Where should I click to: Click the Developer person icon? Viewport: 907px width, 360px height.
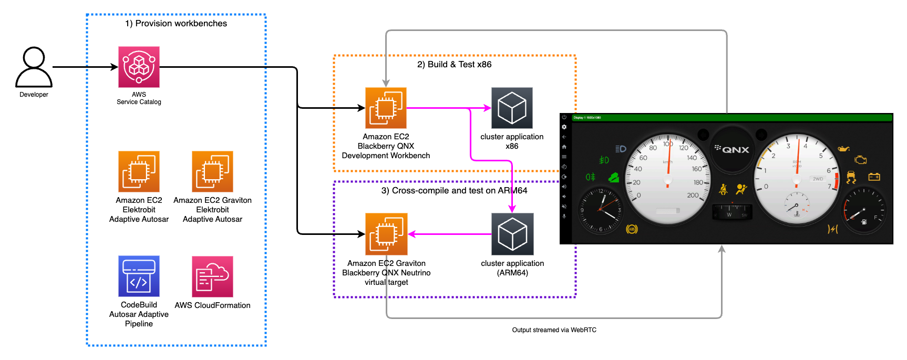click(34, 67)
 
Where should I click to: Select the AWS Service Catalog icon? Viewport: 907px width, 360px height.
click(139, 67)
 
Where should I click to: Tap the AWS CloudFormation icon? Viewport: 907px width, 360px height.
click(212, 276)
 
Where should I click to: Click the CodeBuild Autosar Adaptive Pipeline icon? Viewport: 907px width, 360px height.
click(139, 276)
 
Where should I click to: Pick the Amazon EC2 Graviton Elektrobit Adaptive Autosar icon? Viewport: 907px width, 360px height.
click(212, 171)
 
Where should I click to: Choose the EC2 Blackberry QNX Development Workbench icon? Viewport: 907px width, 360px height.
click(386, 108)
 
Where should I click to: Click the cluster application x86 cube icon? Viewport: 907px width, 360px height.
click(512, 108)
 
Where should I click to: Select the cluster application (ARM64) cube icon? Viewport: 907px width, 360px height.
click(512, 234)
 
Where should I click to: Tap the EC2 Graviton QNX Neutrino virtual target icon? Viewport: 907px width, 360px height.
click(386, 234)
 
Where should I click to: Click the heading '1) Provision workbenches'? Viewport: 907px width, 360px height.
click(176, 23)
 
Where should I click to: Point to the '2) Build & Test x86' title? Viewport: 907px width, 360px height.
click(455, 64)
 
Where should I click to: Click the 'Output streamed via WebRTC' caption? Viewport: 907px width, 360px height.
click(554, 330)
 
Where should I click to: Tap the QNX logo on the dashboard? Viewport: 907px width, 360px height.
click(732, 149)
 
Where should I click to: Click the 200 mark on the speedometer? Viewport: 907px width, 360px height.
click(693, 196)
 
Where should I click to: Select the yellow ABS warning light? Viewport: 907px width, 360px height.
click(632, 229)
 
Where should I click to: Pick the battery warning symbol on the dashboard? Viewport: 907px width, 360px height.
click(874, 177)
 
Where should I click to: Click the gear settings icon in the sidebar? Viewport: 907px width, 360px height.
click(564, 127)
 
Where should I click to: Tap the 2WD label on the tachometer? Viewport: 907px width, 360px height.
click(818, 179)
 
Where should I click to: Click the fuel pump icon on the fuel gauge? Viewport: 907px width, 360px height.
click(864, 222)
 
